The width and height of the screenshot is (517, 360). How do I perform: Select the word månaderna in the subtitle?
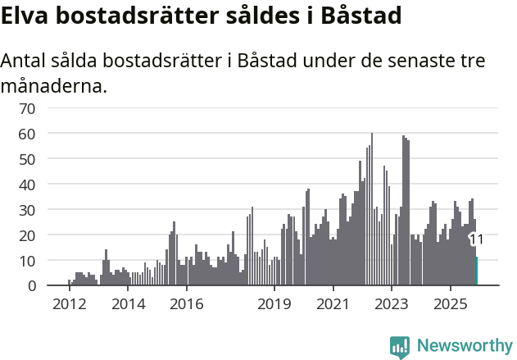[x=54, y=85]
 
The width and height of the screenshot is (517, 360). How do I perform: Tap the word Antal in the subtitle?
[x=25, y=62]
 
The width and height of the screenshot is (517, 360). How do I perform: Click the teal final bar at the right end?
[x=476, y=271]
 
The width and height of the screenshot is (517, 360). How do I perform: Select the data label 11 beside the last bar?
[x=476, y=239]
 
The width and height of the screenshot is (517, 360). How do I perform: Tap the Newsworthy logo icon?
[x=400, y=346]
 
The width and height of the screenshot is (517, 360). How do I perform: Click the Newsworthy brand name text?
[x=464, y=346]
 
